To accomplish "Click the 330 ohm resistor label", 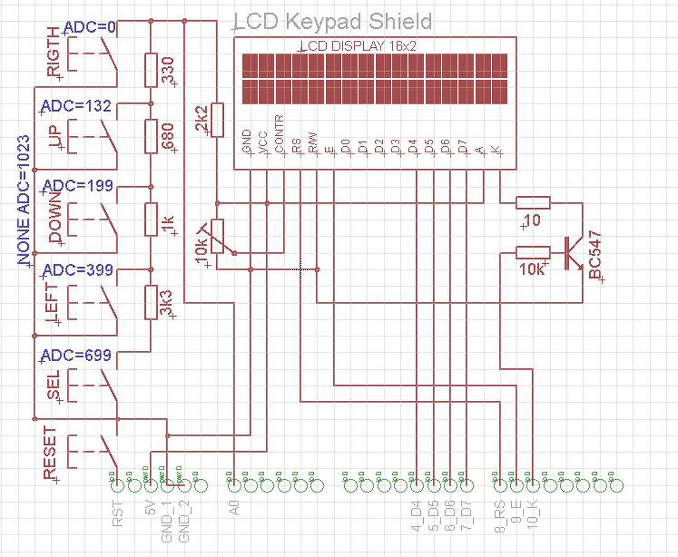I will [168, 70].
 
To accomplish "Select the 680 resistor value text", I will [168, 137].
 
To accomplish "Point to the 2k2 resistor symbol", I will [217, 120].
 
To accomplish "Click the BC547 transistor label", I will [596, 255].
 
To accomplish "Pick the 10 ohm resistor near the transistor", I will [533, 203].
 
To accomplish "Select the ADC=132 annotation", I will [76, 106].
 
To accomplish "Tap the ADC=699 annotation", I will [76, 356].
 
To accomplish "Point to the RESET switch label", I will [50, 453].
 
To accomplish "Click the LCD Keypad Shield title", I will [333, 22].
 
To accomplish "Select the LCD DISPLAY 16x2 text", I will [359, 46].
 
